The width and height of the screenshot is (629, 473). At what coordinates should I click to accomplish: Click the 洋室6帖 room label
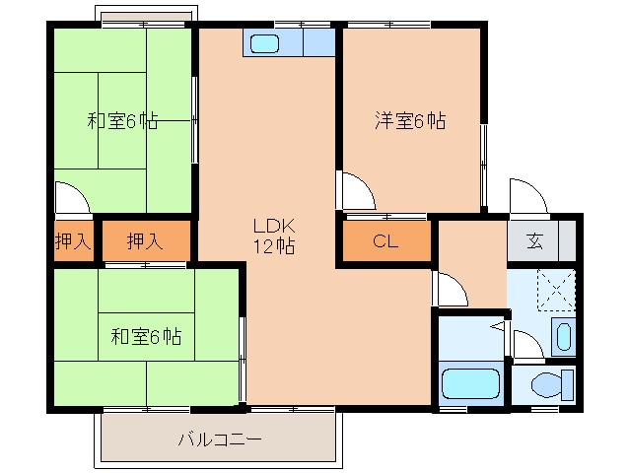pos(409,121)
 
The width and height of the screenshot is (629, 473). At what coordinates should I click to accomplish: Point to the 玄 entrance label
pos(533,241)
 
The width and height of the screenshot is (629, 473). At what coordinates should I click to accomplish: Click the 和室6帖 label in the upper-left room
pos(122,121)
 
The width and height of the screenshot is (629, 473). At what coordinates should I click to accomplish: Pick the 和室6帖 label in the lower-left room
pos(145,336)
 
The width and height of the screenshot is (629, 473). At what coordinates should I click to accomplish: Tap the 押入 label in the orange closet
pos(146,241)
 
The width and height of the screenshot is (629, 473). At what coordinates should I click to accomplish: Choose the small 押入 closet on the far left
pos(73,241)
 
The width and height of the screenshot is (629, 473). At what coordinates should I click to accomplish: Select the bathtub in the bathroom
pos(470,383)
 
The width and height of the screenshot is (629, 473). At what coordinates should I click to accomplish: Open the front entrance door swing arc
pos(524,194)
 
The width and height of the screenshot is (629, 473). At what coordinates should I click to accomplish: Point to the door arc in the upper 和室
pos(71,197)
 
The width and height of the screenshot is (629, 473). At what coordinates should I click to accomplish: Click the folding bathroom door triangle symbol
pos(499,326)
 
